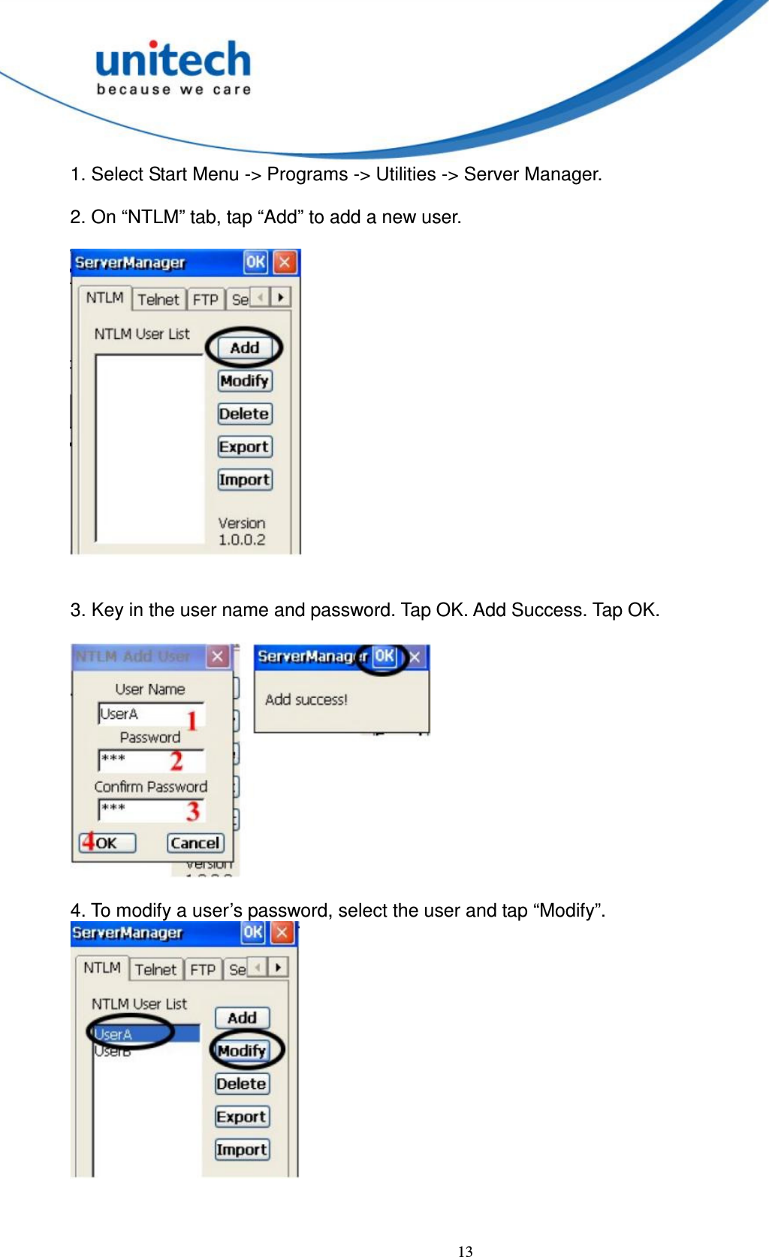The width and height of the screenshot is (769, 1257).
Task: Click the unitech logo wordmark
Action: tap(173, 60)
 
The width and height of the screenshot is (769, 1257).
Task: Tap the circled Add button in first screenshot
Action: tap(244, 348)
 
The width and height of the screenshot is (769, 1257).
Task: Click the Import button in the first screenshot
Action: tap(244, 479)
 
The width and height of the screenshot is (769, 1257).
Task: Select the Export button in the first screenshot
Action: tap(244, 447)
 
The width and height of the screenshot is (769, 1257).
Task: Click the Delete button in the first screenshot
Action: tap(244, 414)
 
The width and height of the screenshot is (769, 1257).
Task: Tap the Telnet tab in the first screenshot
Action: tap(158, 300)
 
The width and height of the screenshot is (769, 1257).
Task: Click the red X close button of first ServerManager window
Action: tap(285, 262)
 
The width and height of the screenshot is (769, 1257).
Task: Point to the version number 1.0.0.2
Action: tap(242, 540)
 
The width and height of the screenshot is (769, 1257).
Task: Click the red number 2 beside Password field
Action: tap(176, 761)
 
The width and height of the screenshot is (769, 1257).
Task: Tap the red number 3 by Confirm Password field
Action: tap(193, 811)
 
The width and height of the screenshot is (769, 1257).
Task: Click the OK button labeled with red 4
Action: tap(107, 843)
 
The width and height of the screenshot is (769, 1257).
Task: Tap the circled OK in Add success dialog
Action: tap(384, 656)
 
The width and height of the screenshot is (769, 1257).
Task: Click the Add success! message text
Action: tap(306, 700)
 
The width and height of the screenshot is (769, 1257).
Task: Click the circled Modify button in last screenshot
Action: tap(242, 1050)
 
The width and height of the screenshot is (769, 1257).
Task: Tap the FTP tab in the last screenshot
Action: tap(203, 970)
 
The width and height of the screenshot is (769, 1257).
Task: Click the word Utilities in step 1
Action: tap(406, 174)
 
